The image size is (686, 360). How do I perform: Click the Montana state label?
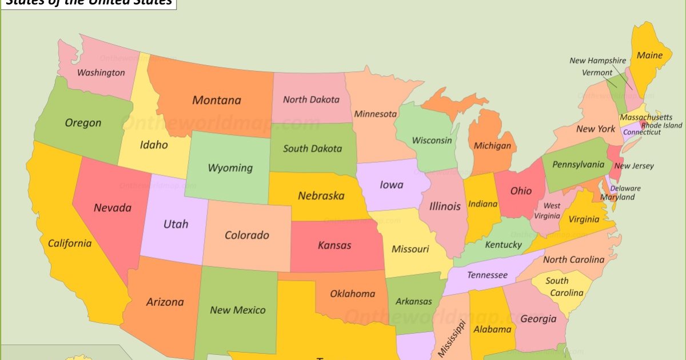217,101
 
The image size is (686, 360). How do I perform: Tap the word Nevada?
113,207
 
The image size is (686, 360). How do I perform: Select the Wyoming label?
230,168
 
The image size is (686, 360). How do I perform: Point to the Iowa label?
392,185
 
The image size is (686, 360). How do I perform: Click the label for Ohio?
521,191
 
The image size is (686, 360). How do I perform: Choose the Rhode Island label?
661,125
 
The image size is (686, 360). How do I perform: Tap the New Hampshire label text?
597,61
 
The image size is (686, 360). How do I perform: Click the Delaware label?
625,188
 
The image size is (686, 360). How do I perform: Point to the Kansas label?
334,246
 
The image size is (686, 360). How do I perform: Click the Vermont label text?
597,73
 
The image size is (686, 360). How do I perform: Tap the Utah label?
176,224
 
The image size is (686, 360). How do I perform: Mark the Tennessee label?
487,275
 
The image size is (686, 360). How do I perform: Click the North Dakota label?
311,99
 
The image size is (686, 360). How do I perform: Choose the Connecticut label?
641,132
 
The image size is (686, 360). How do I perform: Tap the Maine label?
649,55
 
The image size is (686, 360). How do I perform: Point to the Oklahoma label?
353,294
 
